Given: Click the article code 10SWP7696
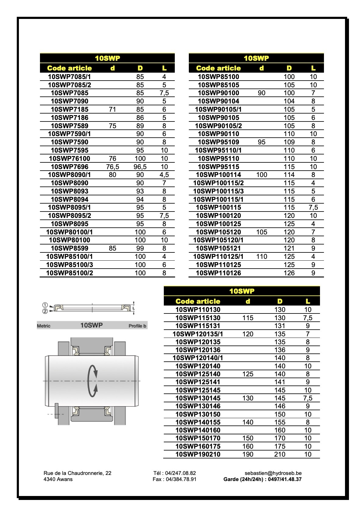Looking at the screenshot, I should pyautogui.click(x=70, y=167).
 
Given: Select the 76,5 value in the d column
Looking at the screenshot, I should pyautogui.click(x=113, y=167).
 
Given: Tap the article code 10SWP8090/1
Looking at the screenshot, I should pyautogui.click(x=70, y=175).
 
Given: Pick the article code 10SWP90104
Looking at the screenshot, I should pyautogui.click(x=218, y=101).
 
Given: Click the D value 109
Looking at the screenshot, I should pyautogui.click(x=289, y=142).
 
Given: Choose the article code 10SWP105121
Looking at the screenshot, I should pyautogui.click(x=218, y=248).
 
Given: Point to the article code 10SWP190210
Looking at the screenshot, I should pyautogui.click(x=198, y=454).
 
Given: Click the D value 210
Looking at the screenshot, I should pyautogui.click(x=280, y=454).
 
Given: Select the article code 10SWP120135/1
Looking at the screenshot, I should pyautogui.click(x=198, y=334).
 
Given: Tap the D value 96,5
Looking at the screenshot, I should pyautogui.click(x=140, y=167).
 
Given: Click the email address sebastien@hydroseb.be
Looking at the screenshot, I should pyautogui.click(x=273, y=473).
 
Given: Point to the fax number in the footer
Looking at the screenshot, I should pyautogui.click(x=174, y=479).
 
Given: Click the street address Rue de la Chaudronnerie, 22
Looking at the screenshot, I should pyautogui.click(x=77, y=473).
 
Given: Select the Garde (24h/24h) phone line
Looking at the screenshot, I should pyautogui.click(x=262, y=479).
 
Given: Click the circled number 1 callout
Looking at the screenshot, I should pyautogui.click(x=45, y=305).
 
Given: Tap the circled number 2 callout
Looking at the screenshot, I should pyautogui.click(x=45, y=311).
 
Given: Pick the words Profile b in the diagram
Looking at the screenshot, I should pyautogui.click(x=137, y=326).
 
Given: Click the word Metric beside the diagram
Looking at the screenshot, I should pyautogui.click(x=44, y=326).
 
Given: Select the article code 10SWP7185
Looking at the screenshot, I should pyautogui.click(x=70, y=110).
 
